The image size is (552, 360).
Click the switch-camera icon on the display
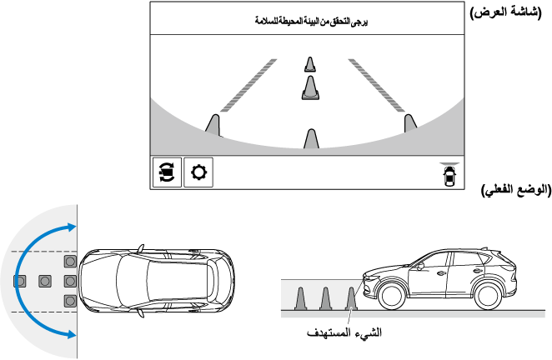[x=165, y=172]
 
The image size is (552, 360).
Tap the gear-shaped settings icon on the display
[x=198, y=172]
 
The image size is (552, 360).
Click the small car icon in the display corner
[x=449, y=175]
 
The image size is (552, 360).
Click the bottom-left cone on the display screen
[x=213, y=126]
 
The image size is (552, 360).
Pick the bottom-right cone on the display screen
[x=409, y=123]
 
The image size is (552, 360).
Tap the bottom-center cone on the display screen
[x=311, y=139]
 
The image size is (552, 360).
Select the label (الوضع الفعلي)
[x=515, y=191]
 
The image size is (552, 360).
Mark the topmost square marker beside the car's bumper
[x=70, y=262]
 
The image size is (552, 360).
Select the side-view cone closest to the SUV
[x=352, y=297]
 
